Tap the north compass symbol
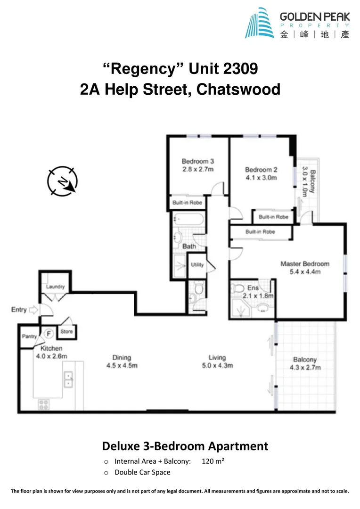tap(62, 181)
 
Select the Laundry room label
tap(56, 287)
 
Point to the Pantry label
tap(29, 337)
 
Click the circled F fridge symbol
tap(48, 333)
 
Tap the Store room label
tap(66, 332)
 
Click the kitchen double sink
tap(69, 379)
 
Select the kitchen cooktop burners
tap(44, 404)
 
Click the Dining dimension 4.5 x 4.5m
tap(122, 366)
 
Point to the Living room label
tap(217, 358)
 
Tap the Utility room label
tap(197, 265)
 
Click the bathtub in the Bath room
tap(188, 220)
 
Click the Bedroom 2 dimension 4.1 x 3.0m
tap(261, 178)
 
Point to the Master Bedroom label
tap(304, 264)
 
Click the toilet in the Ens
tap(239, 288)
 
